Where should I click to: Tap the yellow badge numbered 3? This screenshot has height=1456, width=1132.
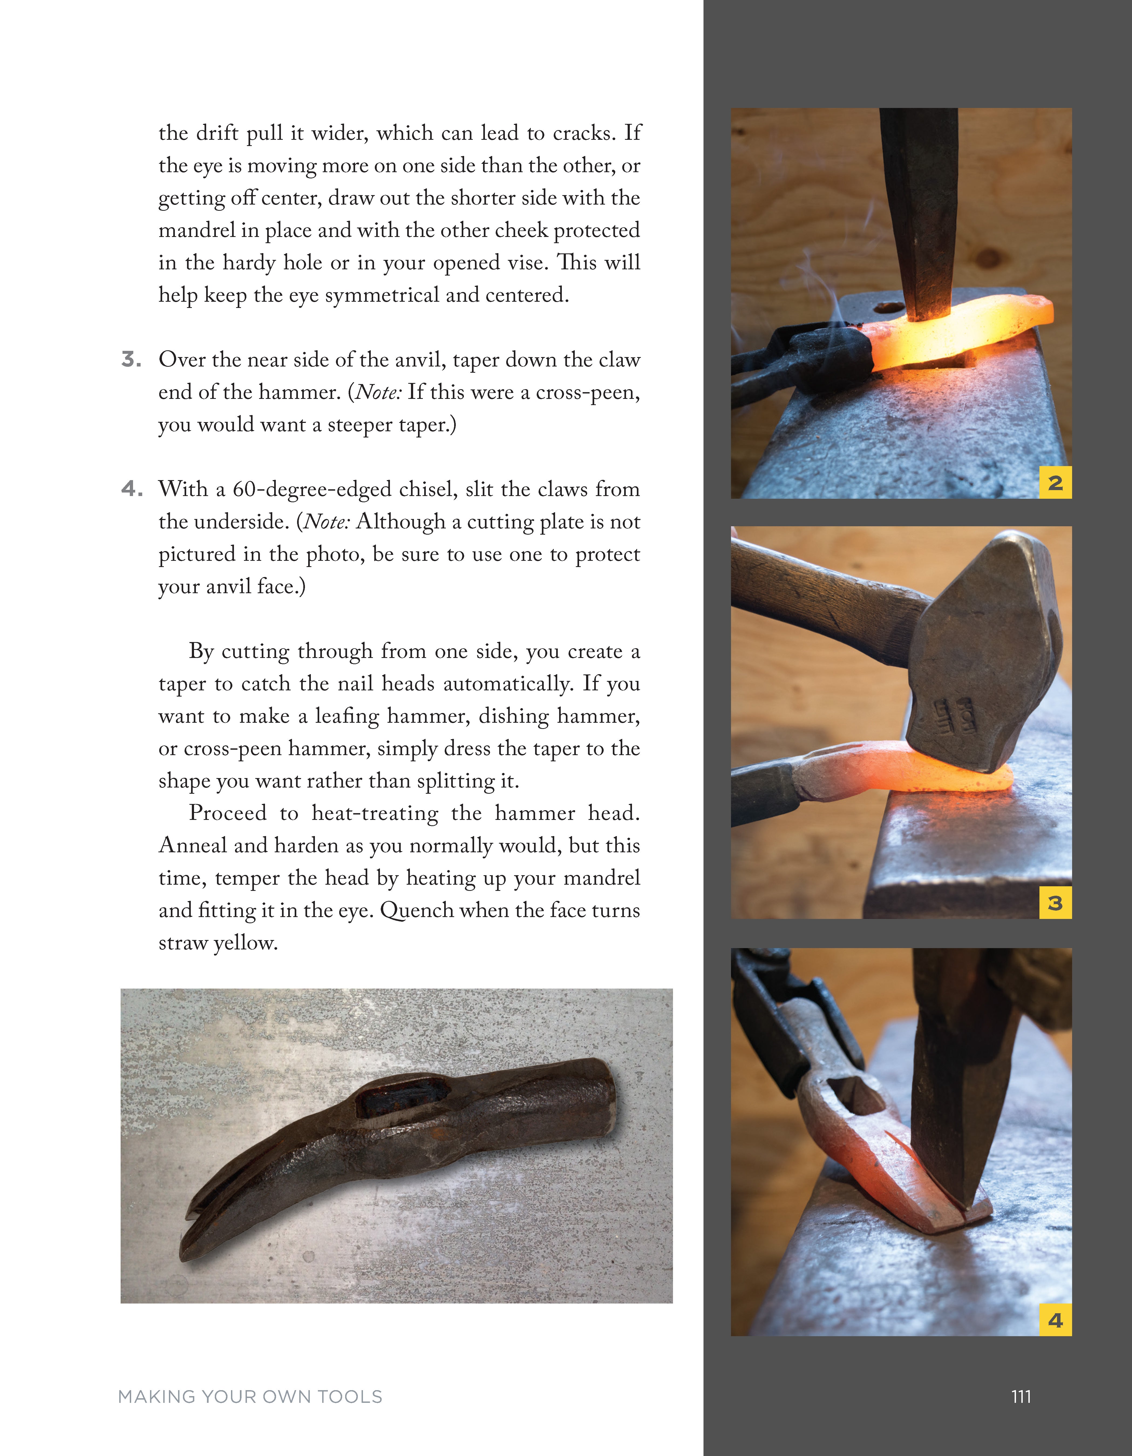coord(1055,903)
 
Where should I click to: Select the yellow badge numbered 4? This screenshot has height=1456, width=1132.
coord(1055,1320)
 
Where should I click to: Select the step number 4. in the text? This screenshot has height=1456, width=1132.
coord(131,489)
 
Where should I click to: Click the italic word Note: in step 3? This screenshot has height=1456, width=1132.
coord(378,392)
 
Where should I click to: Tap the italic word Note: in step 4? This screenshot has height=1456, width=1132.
coord(326,521)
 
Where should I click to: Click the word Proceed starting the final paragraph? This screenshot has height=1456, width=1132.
coord(227,813)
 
